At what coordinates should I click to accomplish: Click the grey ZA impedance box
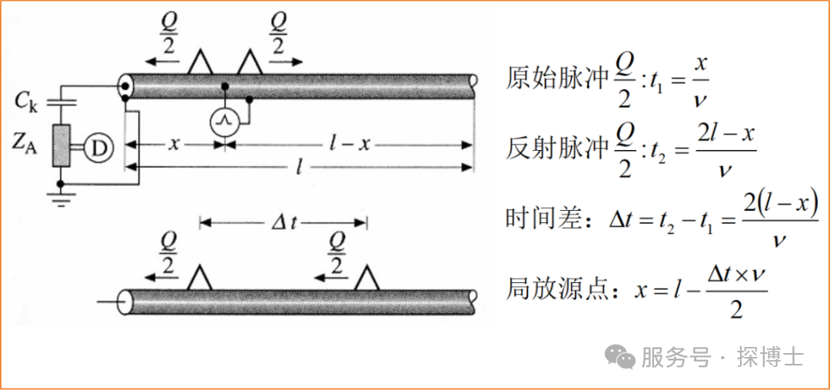pos(62,145)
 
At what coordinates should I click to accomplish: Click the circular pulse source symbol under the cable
pos(225,122)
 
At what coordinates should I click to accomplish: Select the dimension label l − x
pos(350,144)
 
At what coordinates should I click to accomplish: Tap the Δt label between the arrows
pos(284,222)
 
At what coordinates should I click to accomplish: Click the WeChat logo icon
pos(620,357)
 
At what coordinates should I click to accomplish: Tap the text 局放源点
pos(556,289)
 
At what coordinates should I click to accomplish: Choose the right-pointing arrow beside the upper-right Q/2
pos(286,62)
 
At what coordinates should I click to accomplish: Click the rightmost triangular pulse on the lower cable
pos(367,278)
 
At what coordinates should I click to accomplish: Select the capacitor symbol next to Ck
pos(61,102)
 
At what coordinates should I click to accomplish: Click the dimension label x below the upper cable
pos(174,144)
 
